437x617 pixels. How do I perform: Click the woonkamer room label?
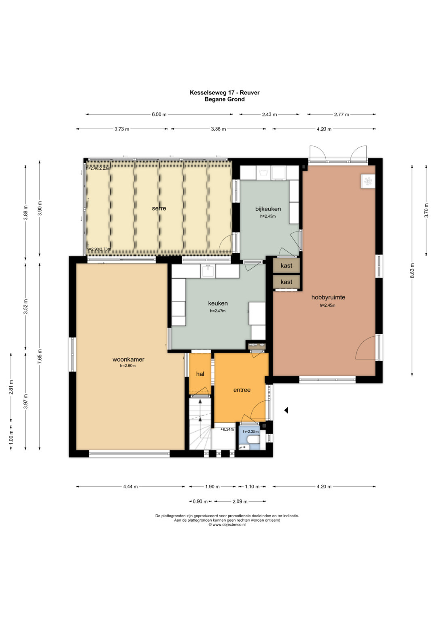pos(128,359)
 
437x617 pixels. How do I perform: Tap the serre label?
pos(159,208)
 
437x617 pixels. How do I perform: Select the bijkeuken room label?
pos(268,209)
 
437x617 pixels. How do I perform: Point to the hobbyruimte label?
pos(328,297)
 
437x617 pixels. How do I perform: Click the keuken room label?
pos(218,303)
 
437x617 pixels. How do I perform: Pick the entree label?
pos(242,390)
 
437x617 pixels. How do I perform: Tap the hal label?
pos(200,374)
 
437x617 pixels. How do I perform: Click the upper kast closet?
pos(286,265)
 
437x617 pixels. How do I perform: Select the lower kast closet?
pos(286,282)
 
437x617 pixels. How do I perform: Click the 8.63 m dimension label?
pos(412,271)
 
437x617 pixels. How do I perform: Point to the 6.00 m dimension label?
pos(159,114)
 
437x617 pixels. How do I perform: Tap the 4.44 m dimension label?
pos(130,486)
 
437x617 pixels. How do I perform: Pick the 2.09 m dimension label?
pos(240,501)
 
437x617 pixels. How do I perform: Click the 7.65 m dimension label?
pos(40,356)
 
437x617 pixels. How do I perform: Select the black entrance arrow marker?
pos(286,411)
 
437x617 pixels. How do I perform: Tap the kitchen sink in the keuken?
pos(208,271)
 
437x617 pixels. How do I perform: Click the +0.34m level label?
pos(227,429)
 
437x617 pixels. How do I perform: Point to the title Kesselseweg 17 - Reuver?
pos(225,93)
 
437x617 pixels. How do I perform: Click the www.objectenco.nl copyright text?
pos(227,525)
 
